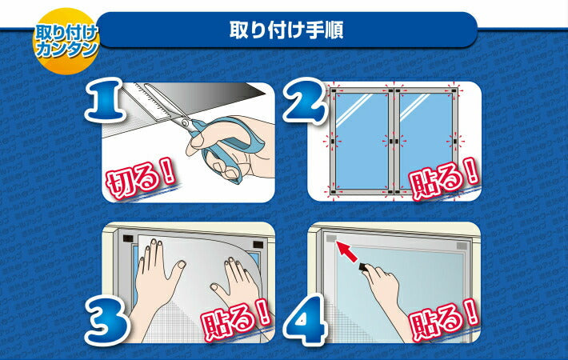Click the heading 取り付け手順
(x=286, y=30)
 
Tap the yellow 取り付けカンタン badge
(x=66, y=41)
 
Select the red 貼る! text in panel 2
(x=445, y=179)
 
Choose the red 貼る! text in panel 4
(x=445, y=320)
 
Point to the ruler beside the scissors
(x=150, y=102)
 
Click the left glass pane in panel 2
(x=362, y=141)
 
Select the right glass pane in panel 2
(x=426, y=141)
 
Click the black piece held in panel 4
(x=363, y=268)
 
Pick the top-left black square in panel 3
(x=128, y=239)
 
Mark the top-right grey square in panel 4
(x=462, y=246)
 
